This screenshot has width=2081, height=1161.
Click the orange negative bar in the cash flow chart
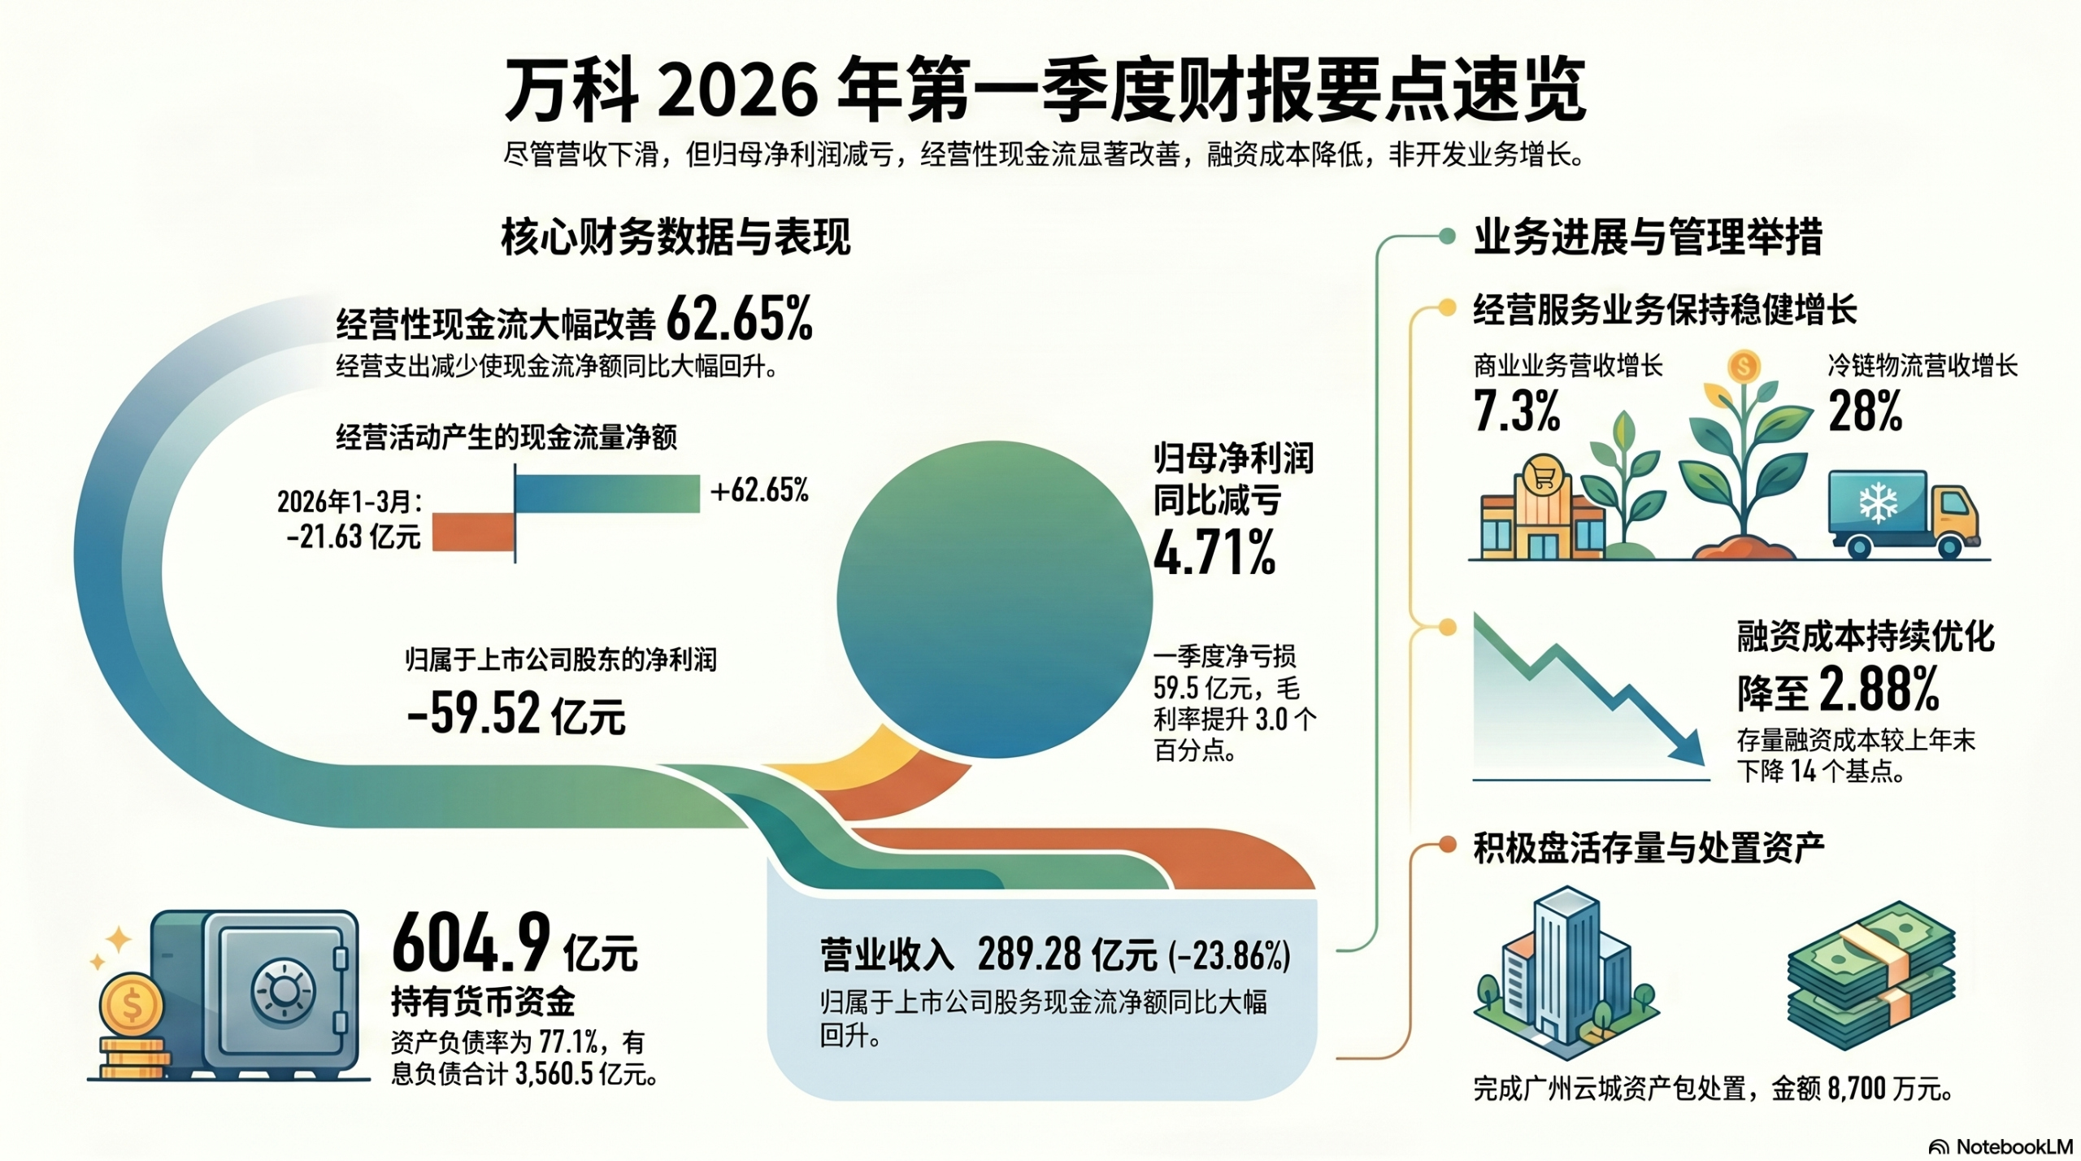pos(472,532)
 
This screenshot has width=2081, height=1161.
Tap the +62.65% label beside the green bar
pos(759,490)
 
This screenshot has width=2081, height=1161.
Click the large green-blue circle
pos(994,599)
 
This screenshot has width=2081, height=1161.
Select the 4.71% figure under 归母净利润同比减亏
pos(1214,553)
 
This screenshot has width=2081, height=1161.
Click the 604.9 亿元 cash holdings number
pos(515,946)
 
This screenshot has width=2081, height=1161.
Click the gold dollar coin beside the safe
pos(131,1006)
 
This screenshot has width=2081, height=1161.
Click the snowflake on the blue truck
pos(1878,504)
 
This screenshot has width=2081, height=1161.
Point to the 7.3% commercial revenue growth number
pos(1517,411)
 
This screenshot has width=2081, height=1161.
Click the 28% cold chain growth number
pos(1865,411)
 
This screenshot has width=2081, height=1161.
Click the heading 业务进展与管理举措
pos(1648,237)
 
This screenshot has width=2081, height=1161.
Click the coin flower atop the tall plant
pos(1742,367)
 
